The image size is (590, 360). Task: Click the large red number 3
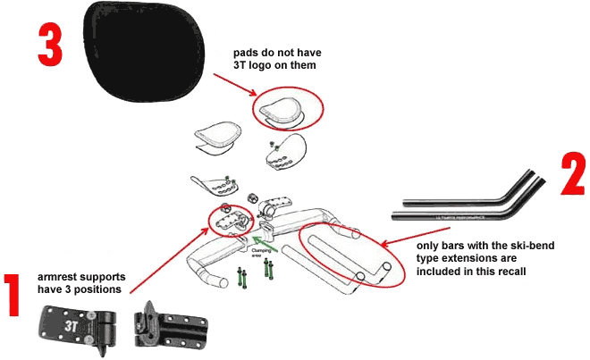(x=51, y=44)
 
